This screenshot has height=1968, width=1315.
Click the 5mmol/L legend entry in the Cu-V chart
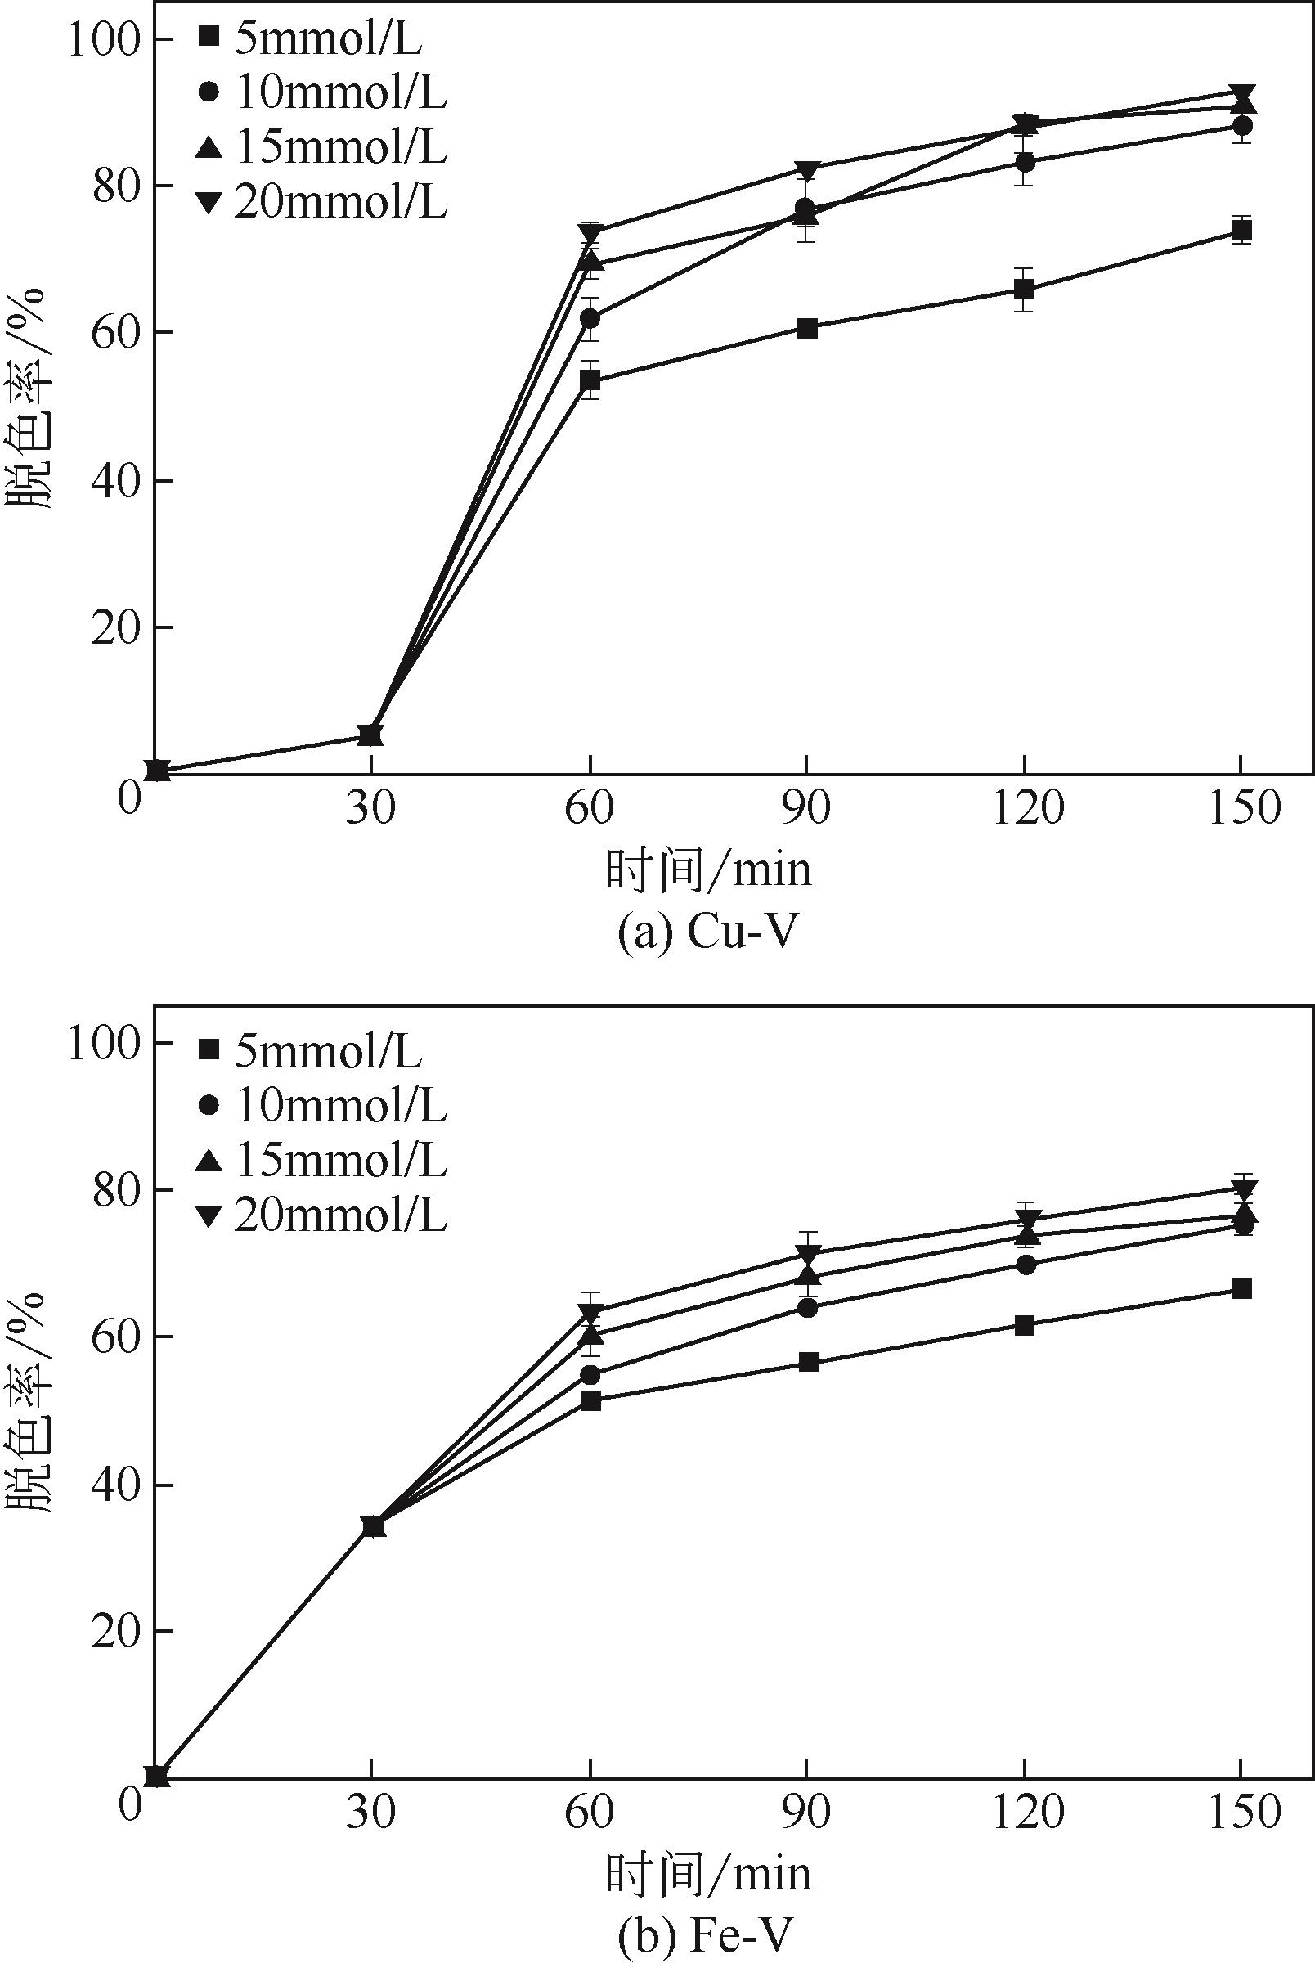coord(310,39)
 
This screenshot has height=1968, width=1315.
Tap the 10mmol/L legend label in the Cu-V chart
coord(323,94)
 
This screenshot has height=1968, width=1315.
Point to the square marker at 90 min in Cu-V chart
coord(807,327)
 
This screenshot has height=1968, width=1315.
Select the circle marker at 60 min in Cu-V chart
coord(590,319)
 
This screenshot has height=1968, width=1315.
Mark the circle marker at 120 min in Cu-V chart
coord(1024,161)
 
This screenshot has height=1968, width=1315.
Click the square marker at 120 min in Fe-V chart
coord(1024,1324)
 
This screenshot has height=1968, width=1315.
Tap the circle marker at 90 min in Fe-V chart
coord(808,1307)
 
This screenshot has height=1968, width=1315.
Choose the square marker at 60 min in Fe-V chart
coord(590,1400)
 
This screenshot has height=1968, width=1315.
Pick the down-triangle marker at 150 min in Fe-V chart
coord(1242,1188)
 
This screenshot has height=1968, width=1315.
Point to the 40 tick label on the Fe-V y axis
coord(114,1484)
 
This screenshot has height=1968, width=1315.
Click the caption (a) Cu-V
coord(704,932)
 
